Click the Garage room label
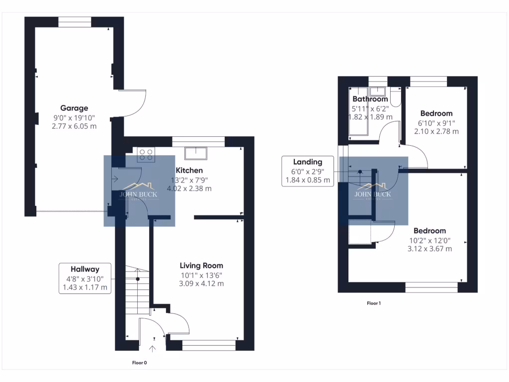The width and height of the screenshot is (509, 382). (74, 108)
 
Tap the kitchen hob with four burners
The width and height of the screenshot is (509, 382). (146, 154)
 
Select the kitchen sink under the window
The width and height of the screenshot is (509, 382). (196, 153)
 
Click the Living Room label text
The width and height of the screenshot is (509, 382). (201, 266)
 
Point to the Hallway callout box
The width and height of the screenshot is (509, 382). (85, 278)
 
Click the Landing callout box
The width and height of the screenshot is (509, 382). (307, 171)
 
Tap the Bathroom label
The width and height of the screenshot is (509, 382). (370, 99)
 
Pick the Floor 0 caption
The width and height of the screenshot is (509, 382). (139, 363)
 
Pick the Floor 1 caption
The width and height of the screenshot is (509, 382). (373, 303)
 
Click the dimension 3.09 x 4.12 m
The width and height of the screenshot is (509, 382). (201, 284)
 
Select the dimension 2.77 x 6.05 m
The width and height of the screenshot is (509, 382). (74, 126)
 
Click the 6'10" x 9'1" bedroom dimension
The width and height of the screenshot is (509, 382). (436, 122)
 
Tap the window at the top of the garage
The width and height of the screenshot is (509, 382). (75, 22)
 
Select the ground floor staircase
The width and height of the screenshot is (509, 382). (137, 291)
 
